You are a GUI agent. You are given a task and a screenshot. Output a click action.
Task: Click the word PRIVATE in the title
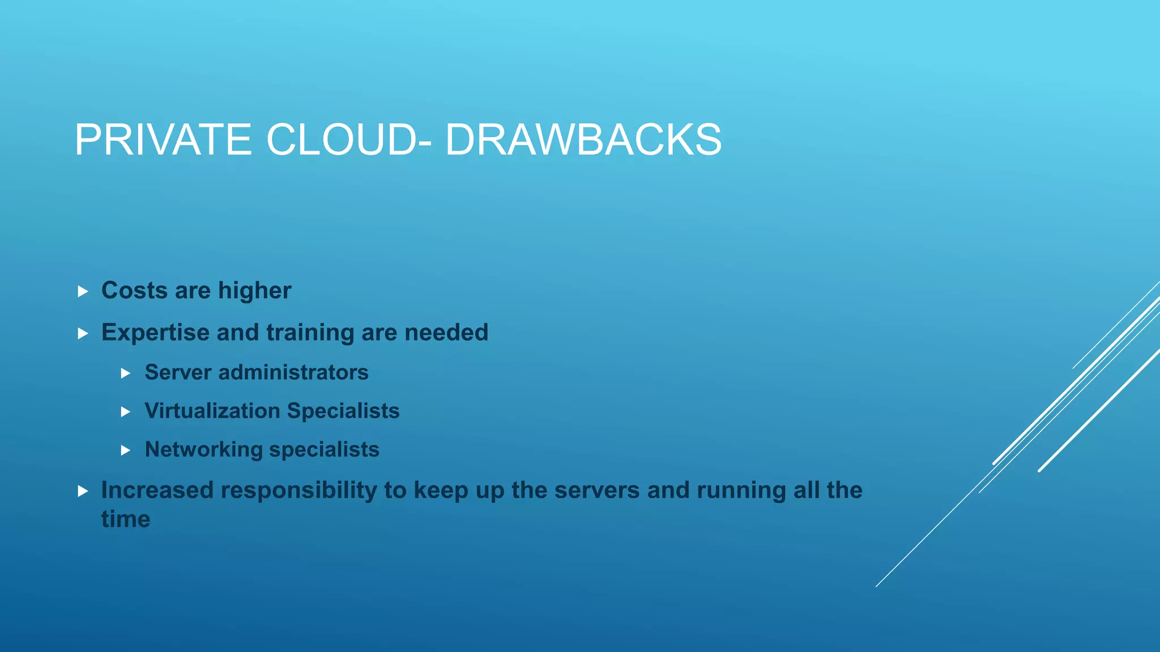(x=163, y=140)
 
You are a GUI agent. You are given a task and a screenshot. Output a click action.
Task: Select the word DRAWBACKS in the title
(x=583, y=140)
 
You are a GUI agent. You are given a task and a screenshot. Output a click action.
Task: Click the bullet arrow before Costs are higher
(x=83, y=291)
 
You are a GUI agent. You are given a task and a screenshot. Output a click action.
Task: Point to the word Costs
(x=134, y=290)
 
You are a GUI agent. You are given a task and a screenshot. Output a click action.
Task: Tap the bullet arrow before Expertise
(x=83, y=333)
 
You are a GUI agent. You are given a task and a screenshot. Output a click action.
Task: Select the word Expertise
(x=155, y=333)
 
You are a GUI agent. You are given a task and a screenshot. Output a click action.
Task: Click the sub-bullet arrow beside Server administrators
(x=126, y=374)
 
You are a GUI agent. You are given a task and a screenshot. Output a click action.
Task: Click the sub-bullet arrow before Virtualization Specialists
(x=126, y=412)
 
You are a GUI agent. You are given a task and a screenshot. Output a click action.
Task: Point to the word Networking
(x=204, y=450)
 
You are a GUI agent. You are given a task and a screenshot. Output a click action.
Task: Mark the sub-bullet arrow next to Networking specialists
(x=126, y=451)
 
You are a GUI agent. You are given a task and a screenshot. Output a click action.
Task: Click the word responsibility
(x=298, y=491)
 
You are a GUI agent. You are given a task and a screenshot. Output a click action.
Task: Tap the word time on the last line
(x=126, y=520)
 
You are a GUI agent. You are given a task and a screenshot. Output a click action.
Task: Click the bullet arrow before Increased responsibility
(x=83, y=491)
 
